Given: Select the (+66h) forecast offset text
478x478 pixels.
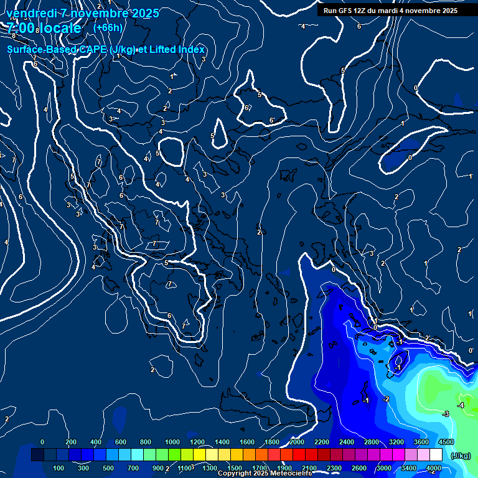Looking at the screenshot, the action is point(108,27).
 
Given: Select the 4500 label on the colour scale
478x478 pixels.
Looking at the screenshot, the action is point(446,442).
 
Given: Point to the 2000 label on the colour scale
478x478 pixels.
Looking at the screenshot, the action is point(297,442).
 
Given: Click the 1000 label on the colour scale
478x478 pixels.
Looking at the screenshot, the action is point(172,442).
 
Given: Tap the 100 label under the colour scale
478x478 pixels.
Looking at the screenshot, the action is point(59,468).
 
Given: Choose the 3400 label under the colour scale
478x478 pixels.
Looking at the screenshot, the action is point(408,468).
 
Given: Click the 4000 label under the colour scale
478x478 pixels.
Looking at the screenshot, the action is point(433,468).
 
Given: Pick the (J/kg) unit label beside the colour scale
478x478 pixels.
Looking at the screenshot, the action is point(460,456).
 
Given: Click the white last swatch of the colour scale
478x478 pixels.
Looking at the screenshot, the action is point(436,455).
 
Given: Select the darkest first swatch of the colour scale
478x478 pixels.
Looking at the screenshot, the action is point(37,455).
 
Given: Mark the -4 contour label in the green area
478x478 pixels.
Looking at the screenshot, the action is point(461,405).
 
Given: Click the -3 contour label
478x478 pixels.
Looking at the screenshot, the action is point(445,414).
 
